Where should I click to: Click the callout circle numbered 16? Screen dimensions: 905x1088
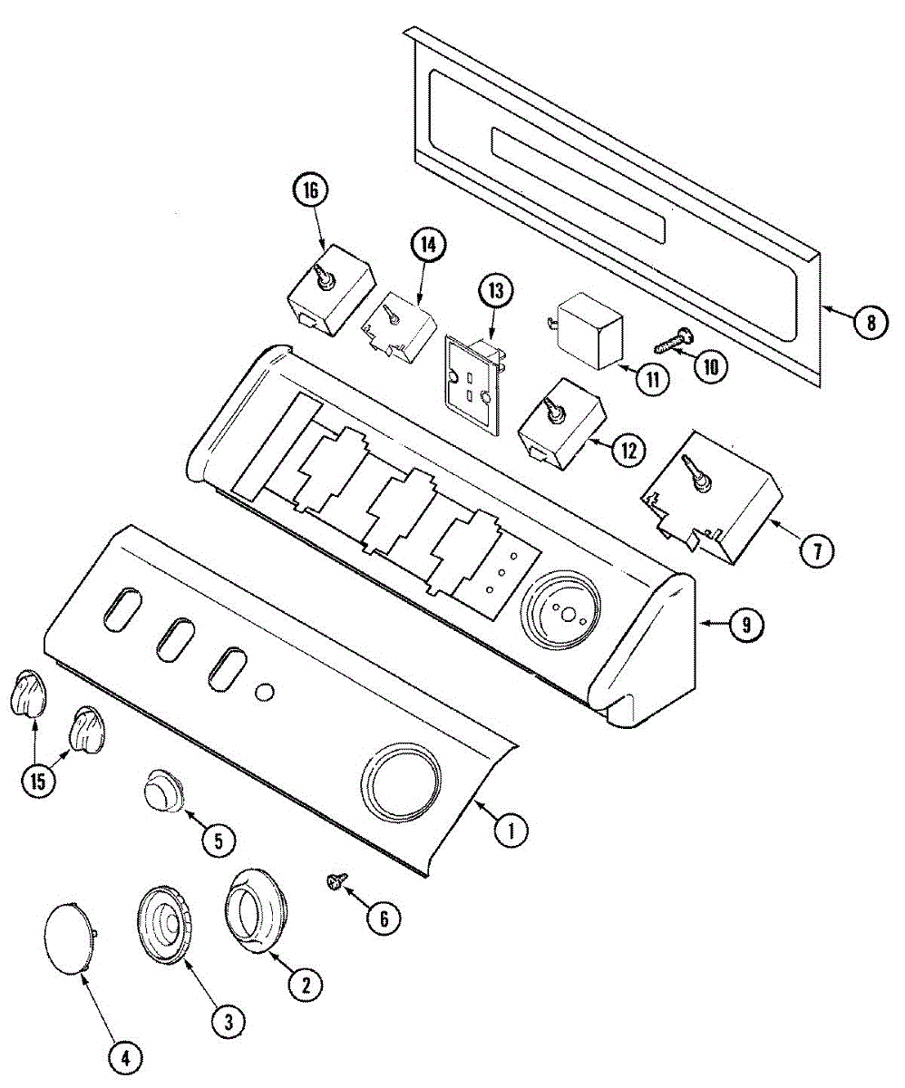(311, 192)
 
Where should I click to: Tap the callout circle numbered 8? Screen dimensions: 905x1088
(869, 321)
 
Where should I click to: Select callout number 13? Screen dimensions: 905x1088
(495, 292)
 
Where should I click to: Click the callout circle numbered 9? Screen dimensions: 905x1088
(744, 624)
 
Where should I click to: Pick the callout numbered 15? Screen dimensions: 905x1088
(36, 782)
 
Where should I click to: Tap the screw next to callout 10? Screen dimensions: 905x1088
(675, 342)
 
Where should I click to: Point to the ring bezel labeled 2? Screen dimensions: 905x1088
(257, 910)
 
